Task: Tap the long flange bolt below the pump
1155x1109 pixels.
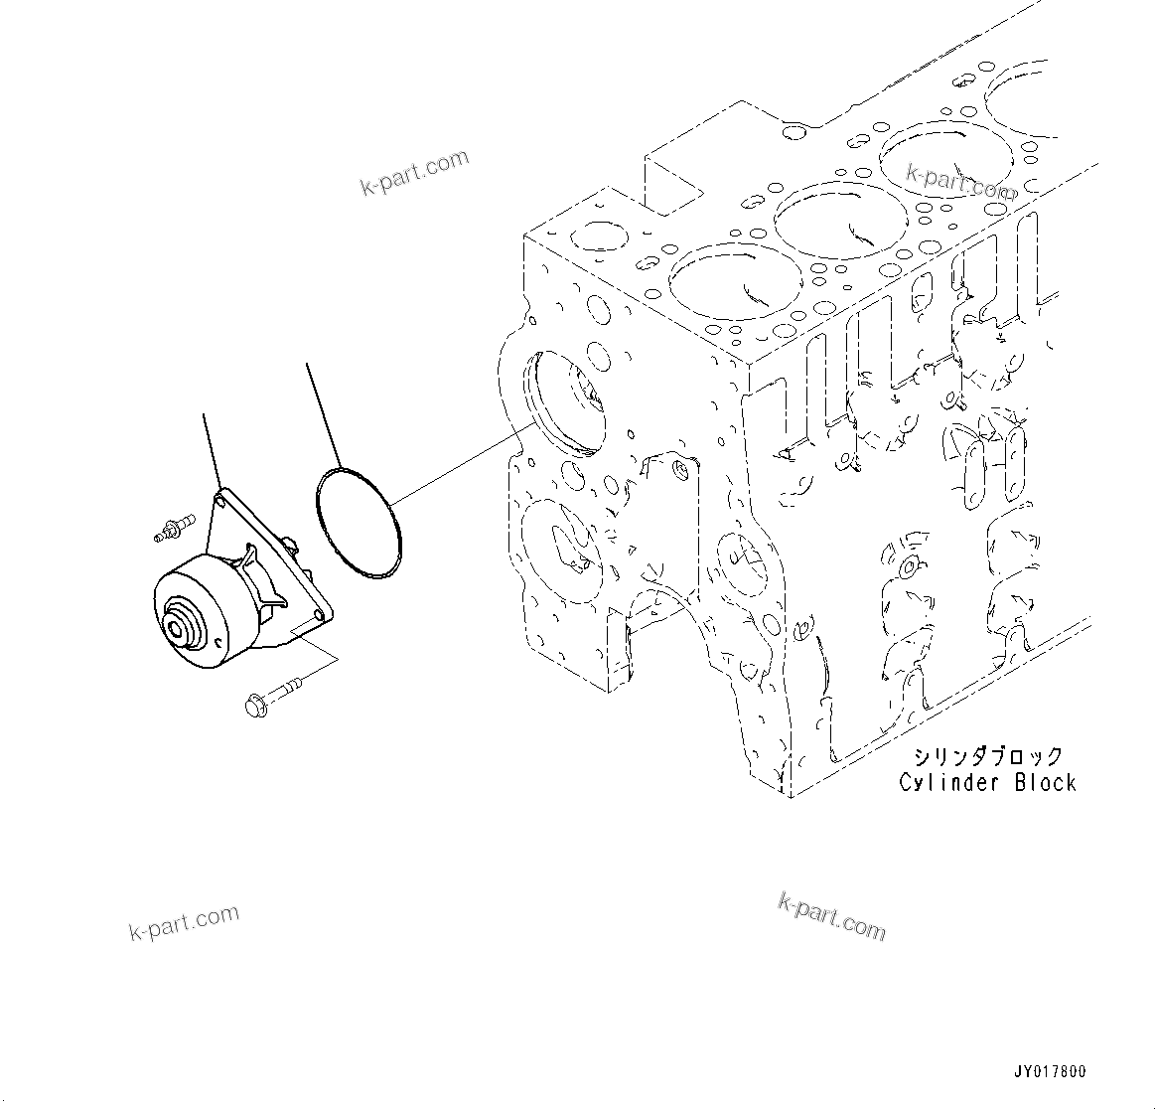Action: (270, 694)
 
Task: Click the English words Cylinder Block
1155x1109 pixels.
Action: (987, 782)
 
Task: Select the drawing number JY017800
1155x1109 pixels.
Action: (1050, 1071)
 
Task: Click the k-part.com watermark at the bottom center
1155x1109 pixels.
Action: (831, 915)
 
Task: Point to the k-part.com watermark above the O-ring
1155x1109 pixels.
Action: (414, 173)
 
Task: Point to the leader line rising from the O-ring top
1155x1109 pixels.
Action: (323, 412)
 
